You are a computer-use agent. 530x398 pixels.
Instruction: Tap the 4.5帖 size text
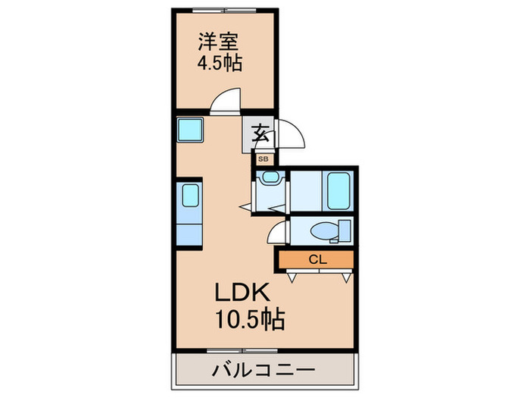(x=220, y=64)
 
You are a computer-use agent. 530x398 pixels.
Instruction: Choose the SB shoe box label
(x=263, y=159)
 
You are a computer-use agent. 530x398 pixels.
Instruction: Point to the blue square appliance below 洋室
(x=189, y=130)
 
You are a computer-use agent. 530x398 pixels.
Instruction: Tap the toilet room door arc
(x=278, y=231)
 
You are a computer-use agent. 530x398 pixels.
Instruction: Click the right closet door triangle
(x=345, y=278)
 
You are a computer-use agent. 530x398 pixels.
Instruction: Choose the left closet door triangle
(x=291, y=278)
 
